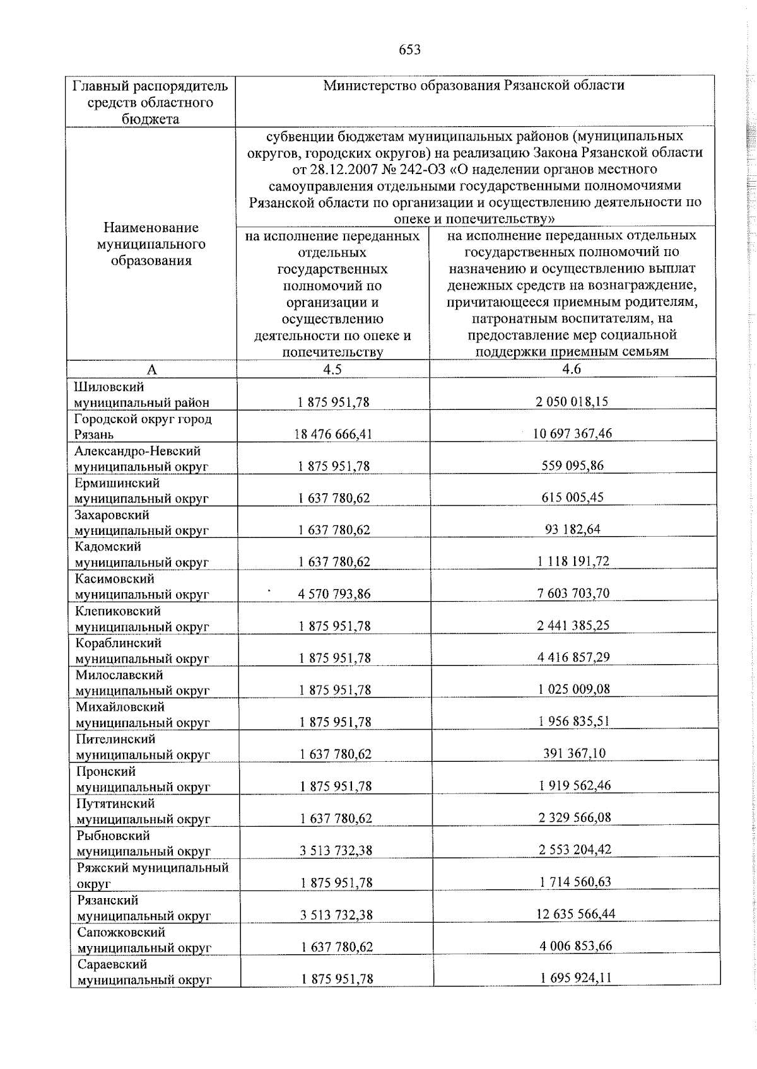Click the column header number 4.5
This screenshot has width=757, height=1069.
(332, 370)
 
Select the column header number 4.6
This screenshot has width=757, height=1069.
(572, 370)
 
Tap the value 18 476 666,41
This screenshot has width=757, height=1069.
(334, 434)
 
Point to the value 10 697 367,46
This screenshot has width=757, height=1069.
(573, 433)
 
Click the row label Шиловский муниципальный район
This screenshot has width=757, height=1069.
(141, 395)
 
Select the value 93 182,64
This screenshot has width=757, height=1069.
(573, 529)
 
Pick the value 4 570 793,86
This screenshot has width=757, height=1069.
(334, 593)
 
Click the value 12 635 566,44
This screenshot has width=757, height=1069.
(575, 913)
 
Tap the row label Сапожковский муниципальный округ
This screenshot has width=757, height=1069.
(143, 940)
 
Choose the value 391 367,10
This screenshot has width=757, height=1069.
(574, 753)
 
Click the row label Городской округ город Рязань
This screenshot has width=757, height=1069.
(143, 426)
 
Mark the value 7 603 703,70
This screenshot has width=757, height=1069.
(573, 593)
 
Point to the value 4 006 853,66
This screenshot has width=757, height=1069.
(575, 945)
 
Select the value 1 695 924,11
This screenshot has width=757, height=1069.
(575, 978)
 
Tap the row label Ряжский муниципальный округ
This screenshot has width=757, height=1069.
(151, 875)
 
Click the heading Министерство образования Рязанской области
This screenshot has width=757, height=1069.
(474, 85)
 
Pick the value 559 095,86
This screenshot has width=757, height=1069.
(573, 465)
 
